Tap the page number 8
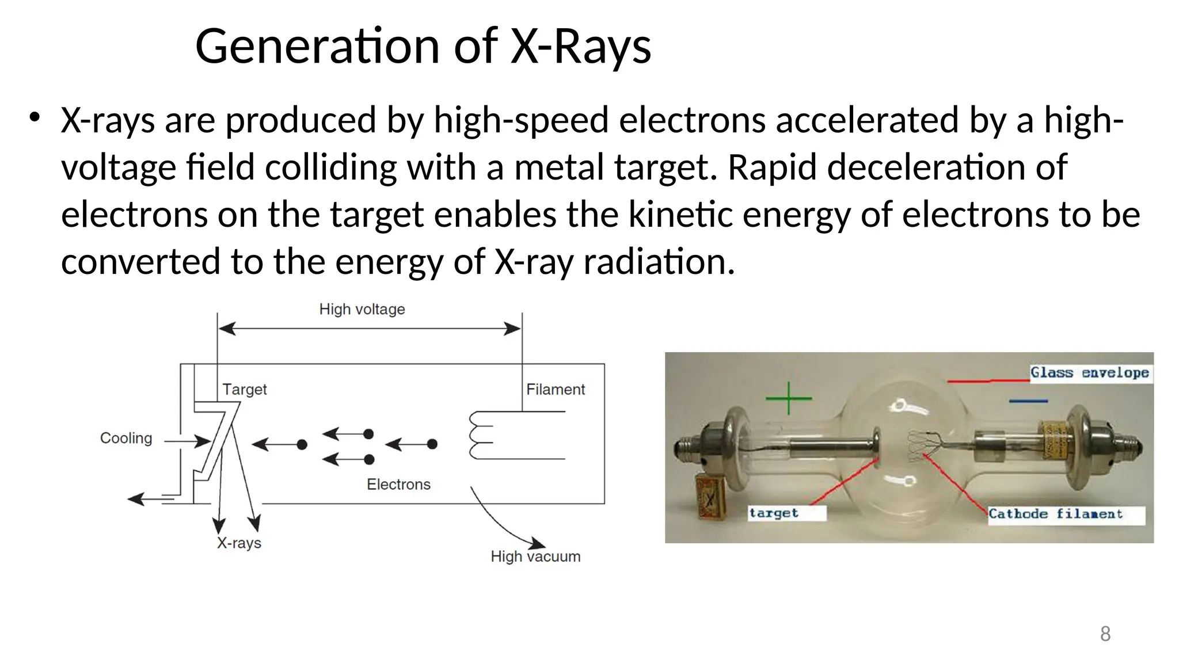[x=1105, y=634]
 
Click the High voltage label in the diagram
[x=362, y=310]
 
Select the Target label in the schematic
[x=245, y=390]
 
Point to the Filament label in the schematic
[x=555, y=390]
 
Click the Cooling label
[x=126, y=439]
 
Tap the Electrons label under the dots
[x=398, y=485]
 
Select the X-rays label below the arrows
[x=239, y=543]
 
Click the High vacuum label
[x=535, y=557]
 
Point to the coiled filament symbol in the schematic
[x=481, y=436]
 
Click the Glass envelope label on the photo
[x=1089, y=373]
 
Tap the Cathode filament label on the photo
[x=1055, y=514]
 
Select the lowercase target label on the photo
[x=774, y=513]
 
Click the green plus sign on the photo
[x=788, y=398]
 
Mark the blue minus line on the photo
[x=1028, y=401]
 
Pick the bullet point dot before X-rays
[x=35, y=117]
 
